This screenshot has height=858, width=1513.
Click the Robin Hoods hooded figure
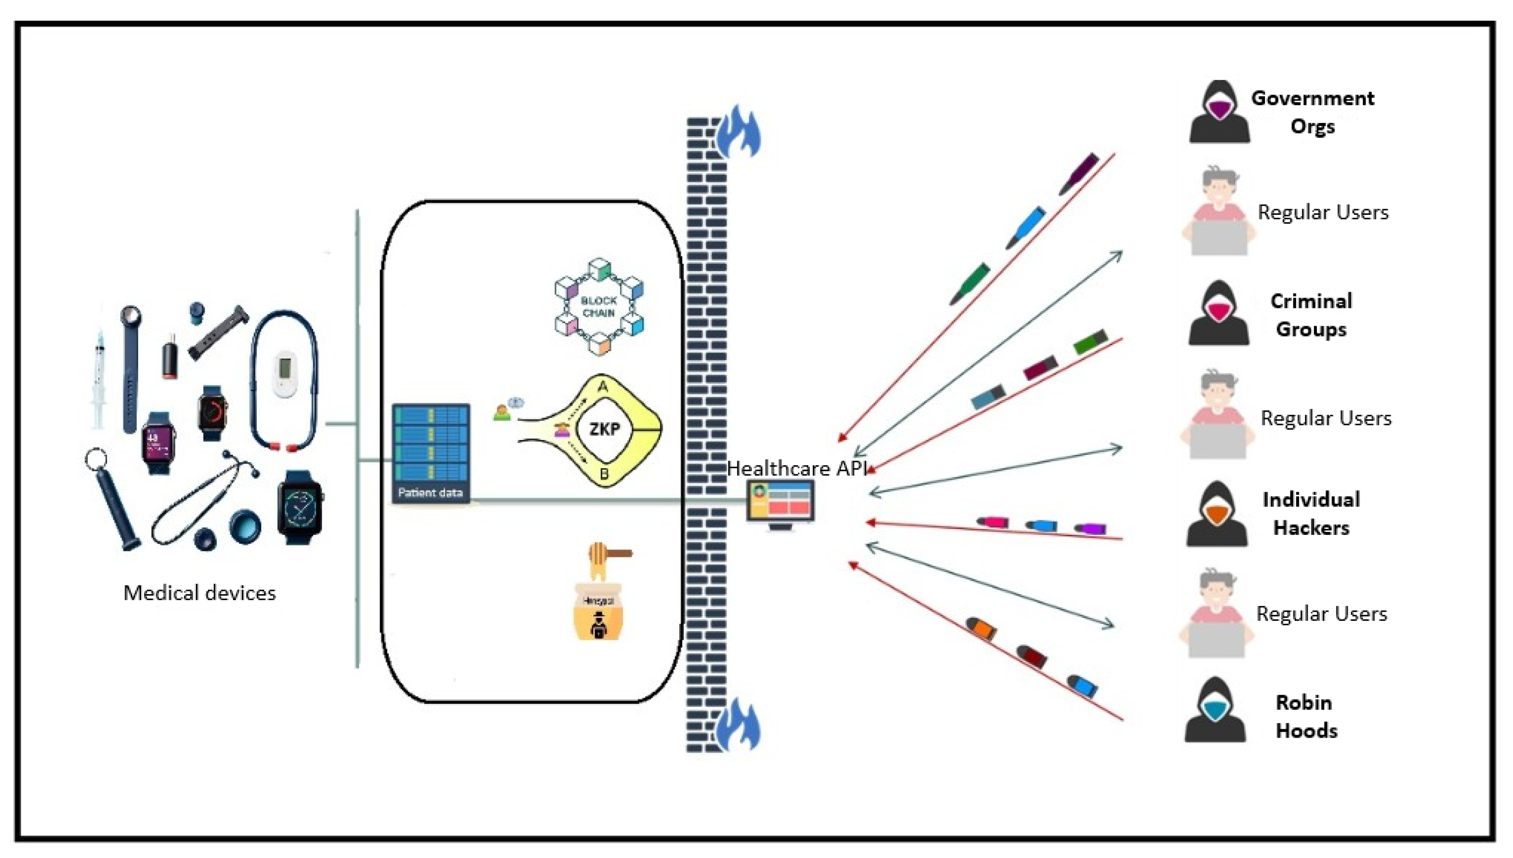(x=1215, y=710)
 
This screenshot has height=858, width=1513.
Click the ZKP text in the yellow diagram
(x=605, y=429)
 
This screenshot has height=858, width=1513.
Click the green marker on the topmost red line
(x=970, y=284)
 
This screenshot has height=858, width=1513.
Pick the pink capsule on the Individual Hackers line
(x=992, y=522)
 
